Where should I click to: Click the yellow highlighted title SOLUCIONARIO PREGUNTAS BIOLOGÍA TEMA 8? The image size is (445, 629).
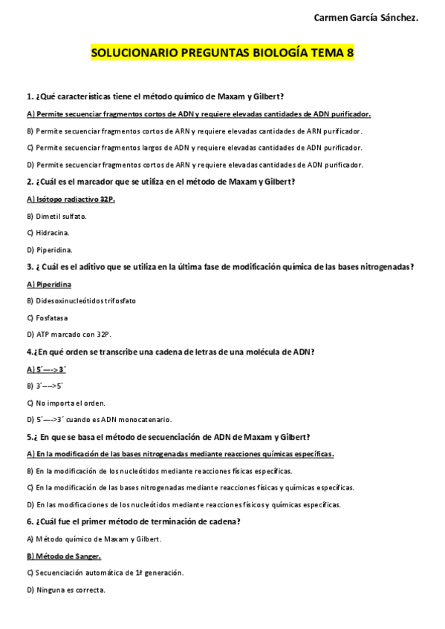coord(222,53)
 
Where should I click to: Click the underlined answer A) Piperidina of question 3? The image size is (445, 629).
coord(49,283)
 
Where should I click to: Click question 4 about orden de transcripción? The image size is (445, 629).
coord(170,351)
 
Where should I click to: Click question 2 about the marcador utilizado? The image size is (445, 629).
coord(160,182)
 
